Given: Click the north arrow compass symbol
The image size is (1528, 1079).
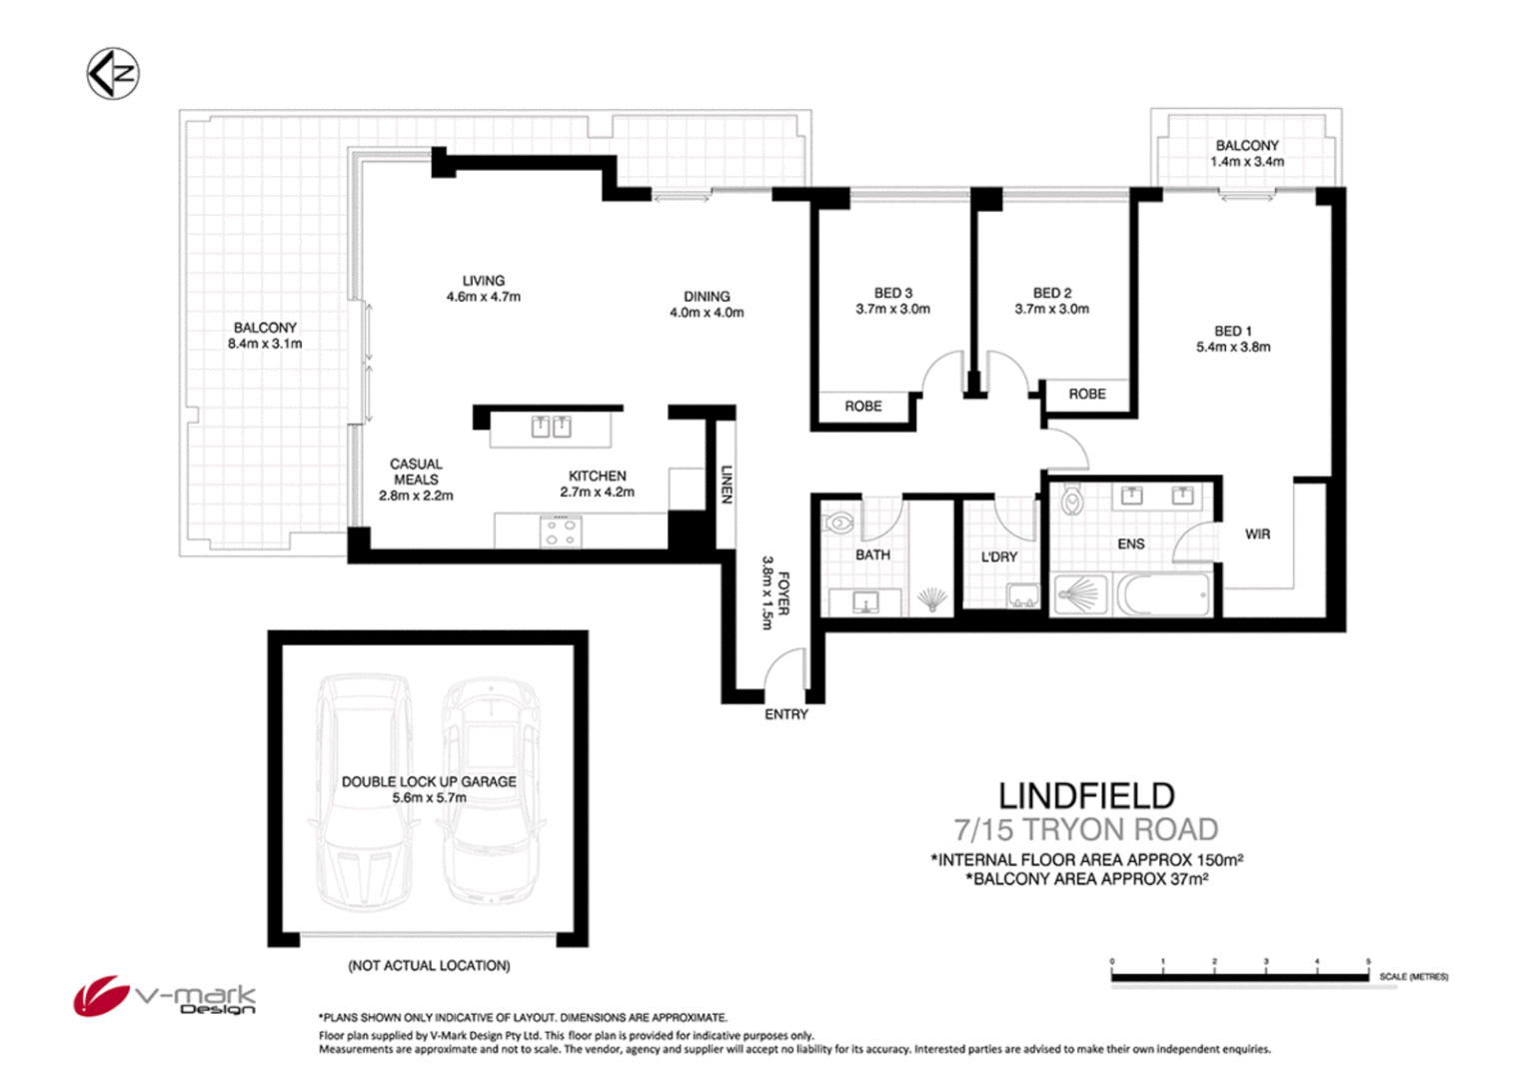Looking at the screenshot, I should point(112,74).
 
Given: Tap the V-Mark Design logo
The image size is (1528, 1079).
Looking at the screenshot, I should point(164,996).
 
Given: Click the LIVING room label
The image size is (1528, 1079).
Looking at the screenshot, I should point(483,281).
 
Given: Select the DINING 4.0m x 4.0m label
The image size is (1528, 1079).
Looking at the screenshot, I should point(707,305).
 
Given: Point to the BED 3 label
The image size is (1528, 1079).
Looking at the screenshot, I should point(892,293).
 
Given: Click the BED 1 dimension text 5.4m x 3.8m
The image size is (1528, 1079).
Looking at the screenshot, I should point(1233,348).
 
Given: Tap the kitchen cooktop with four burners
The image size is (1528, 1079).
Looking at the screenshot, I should point(560,532).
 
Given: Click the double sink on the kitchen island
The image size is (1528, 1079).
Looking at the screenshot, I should point(551,428).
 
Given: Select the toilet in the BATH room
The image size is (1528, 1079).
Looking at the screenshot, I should point(838,522).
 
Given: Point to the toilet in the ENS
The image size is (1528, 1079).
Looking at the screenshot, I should point(1072,500).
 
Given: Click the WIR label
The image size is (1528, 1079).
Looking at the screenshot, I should point(1257,535).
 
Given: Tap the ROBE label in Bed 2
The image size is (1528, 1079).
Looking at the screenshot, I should point(1087,395).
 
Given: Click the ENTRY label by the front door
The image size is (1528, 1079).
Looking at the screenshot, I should point(786,714).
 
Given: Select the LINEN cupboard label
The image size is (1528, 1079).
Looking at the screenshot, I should point(727,485).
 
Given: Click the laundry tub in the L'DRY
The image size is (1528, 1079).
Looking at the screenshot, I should point(1022,596).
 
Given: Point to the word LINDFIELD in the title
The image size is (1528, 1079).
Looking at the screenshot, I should point(1086,796).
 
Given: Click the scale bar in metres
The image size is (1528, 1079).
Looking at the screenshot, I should point(1240,976).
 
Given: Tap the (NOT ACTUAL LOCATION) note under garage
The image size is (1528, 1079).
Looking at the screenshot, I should point(429,966).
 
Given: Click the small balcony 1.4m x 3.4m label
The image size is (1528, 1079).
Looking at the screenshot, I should point(1246,154).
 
